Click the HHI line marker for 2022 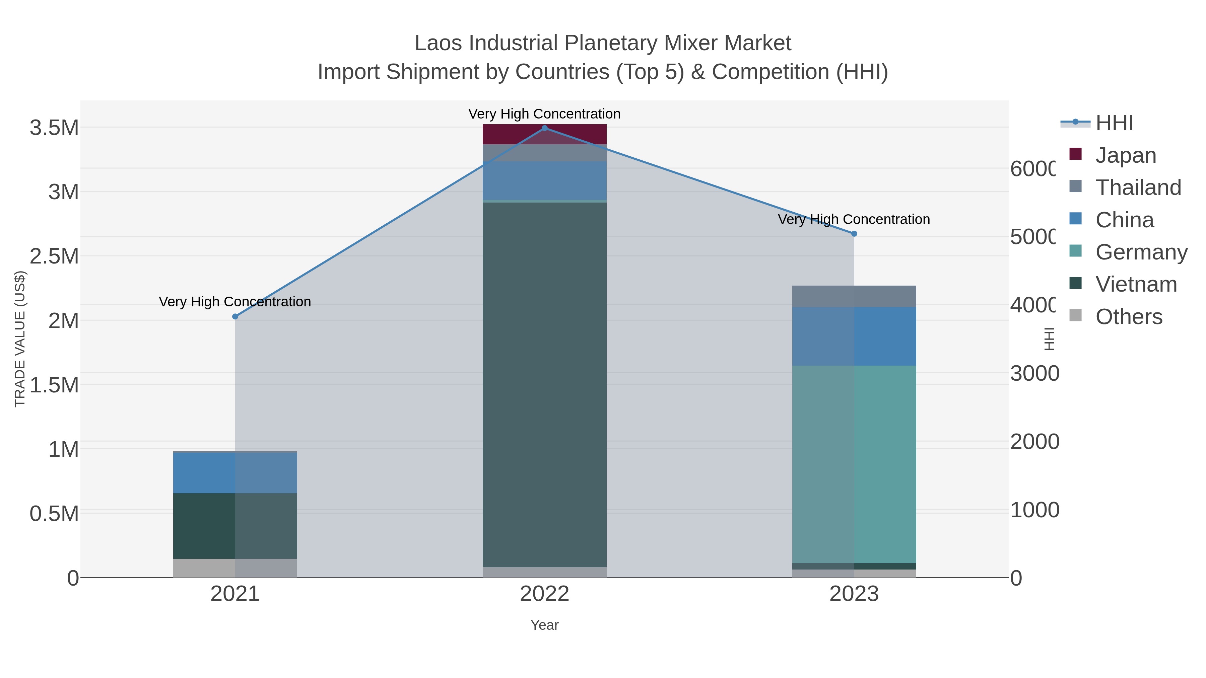point(544,128)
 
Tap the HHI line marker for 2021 point(235,317)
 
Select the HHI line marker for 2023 point(854,233)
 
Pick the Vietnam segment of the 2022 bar point(544,384)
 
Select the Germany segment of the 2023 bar point(854,463)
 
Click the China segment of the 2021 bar point(235,472)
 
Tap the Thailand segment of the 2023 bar point(854,296)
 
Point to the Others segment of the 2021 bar point(235,568)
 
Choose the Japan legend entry point(1126,155)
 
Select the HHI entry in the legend point(1114,123)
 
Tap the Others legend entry point(1128,317)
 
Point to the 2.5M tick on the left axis point(54,256)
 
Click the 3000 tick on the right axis point(1034,373)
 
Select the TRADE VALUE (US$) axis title point(20,339)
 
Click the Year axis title point(544,625)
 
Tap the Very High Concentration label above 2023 point(854,219)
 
